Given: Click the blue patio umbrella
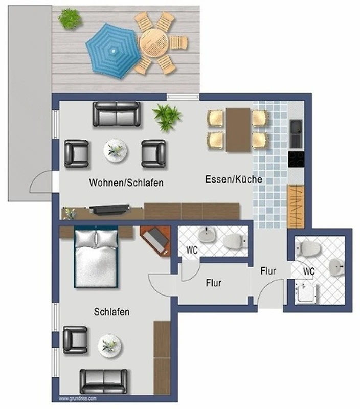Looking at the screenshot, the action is pos(112,51).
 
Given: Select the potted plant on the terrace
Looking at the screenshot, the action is pos(70,18).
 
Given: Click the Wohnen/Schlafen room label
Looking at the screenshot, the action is pos(126,183).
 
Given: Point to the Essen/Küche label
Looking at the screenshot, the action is pos(234,179).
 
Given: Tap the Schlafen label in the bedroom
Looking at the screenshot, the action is pos(111,312).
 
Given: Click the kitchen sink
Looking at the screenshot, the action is pos(296,133).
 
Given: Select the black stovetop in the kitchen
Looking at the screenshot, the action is pos(296,159).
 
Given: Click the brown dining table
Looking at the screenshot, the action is pos(238,130).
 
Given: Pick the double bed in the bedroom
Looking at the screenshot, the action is pos(96,257).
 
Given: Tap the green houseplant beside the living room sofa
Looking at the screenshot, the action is pos(167,117).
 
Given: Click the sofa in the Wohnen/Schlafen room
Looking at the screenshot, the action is pos(117,114).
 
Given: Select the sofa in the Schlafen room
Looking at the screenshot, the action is pos(104,381).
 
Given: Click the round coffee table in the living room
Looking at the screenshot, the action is pos(115,151).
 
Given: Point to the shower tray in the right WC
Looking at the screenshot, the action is pos(307,293).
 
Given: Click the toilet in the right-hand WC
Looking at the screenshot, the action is pos(308,248).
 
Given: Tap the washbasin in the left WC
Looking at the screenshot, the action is pos(207,234).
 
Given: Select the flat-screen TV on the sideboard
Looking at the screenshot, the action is pos(109,210).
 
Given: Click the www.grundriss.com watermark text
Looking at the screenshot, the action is pos(78,399).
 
